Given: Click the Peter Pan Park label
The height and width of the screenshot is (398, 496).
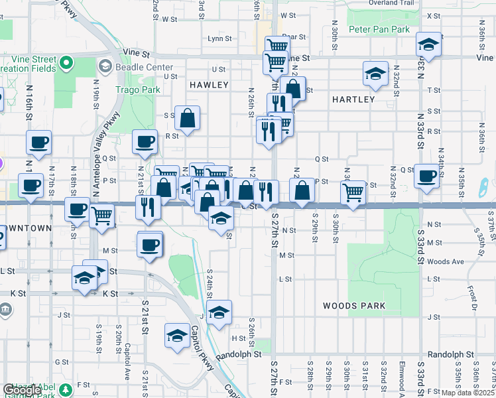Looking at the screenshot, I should pos(379,29).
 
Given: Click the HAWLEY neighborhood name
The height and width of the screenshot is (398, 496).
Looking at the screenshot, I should pos(209,85).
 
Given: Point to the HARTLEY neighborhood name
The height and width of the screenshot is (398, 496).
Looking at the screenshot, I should pos(353,99).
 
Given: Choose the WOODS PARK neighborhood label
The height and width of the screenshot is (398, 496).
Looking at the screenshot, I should pos(354,306).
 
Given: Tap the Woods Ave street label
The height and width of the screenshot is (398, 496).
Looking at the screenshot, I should pos(446,262).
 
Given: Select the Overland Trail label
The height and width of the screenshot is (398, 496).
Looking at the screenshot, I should pos(391,3).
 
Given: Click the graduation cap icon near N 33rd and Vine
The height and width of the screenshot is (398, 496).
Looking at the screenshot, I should pos(429,45).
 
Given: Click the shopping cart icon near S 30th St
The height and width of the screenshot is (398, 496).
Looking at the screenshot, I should pos(353,192).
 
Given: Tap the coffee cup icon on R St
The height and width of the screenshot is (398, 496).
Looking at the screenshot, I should pos(145,141).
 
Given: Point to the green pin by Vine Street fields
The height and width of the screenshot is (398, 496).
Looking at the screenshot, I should pos(66,63).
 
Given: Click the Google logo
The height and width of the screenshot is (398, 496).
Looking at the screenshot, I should pos(22,390).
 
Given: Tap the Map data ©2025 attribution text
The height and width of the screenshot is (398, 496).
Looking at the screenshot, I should pos(467,393).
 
